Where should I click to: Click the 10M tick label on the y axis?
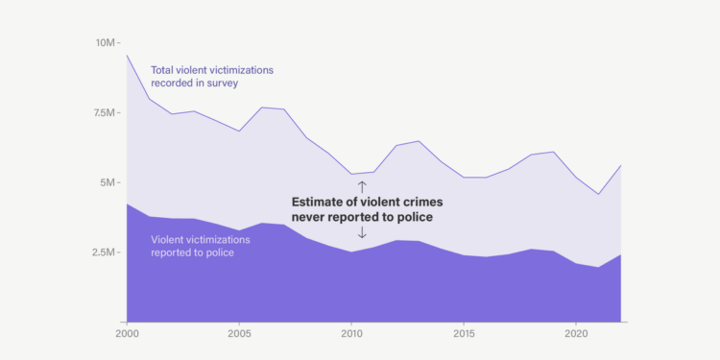click(107, 43)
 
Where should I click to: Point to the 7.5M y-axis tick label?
click(107, 112)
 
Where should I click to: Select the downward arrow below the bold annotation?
click(362, 232)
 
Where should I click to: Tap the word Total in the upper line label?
click(164, 70)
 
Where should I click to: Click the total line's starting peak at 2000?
click(127, 55)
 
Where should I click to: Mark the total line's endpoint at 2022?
click(621, 165)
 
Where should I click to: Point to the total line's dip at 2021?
click(599, 194)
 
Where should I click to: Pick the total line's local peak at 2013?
click(419, 141)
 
